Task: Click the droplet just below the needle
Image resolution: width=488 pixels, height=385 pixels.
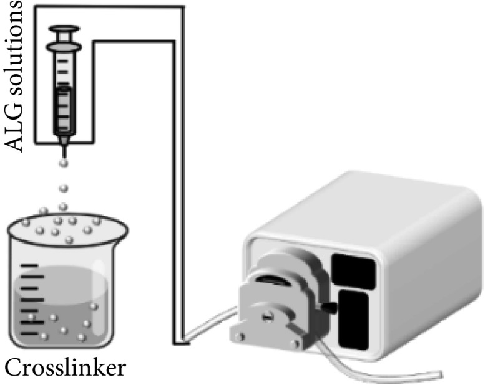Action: coord(62,164)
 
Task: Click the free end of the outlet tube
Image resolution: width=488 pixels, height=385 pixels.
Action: coord(437,376)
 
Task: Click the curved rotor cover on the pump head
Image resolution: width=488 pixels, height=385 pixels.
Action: coord(281,275)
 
